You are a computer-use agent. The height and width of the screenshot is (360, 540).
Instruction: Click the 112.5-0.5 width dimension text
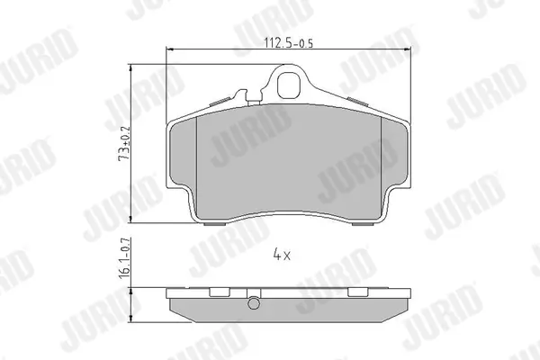[x=289, y=43]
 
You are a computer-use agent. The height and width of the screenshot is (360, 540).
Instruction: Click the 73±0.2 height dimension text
[x=124, y=143]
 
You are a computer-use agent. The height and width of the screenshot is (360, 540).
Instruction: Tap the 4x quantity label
[x=282, y=256]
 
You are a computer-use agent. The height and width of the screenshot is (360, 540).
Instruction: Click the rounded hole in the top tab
[x=289, y=85]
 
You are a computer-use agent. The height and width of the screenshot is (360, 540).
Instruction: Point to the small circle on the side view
[x=254, y=303]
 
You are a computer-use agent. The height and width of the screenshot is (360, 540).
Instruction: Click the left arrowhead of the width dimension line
[x=169, y=49]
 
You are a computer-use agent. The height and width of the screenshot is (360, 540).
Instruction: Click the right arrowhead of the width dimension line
[x=408, y=49]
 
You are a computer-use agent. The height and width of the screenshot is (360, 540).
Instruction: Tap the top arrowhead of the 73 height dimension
[x=130, y=67]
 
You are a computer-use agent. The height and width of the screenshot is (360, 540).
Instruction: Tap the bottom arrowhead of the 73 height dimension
[x=130, y=220]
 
